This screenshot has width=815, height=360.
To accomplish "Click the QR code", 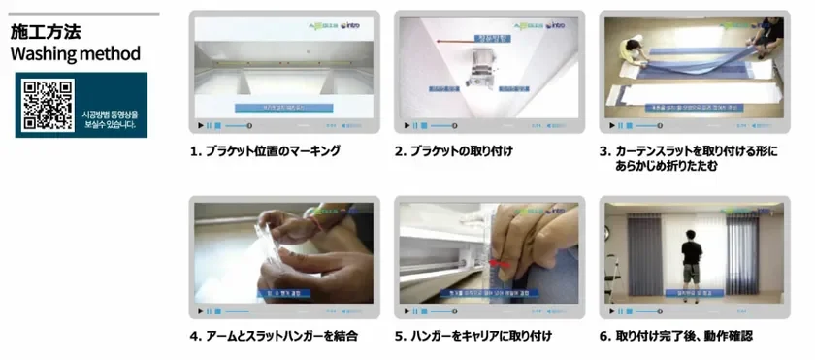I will (49, 105).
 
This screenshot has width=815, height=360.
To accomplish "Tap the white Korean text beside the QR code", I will (110, 118).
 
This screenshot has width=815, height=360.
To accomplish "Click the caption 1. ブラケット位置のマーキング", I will (265, 151).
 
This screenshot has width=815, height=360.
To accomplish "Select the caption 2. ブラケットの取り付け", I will (453, 151).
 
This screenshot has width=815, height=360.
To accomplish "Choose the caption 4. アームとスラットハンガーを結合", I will (274, 336).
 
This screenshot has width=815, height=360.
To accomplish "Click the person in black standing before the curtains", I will (691, 257).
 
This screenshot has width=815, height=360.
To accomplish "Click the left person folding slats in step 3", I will (631, 47).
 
